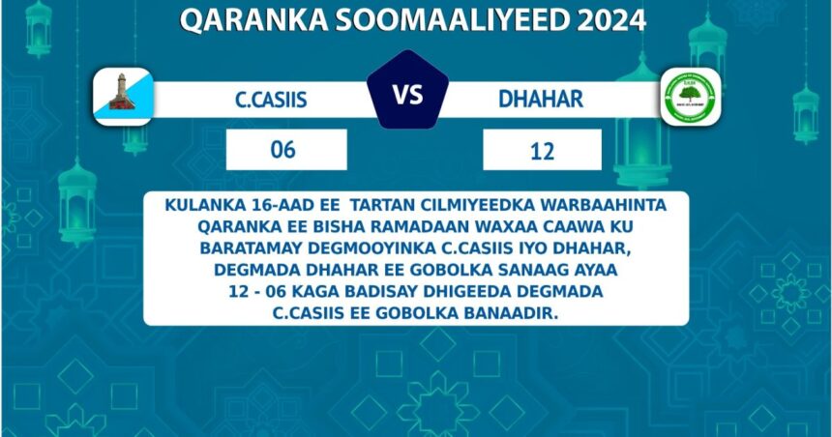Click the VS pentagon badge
[407, 91]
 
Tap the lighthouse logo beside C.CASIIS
[123, 97]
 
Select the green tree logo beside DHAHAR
[691, 97]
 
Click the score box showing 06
[286, 150]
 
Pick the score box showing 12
[543, 150]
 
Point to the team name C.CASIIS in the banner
[271, 100]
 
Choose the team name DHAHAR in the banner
[541, 100]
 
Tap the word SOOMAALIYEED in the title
[452, 20]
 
